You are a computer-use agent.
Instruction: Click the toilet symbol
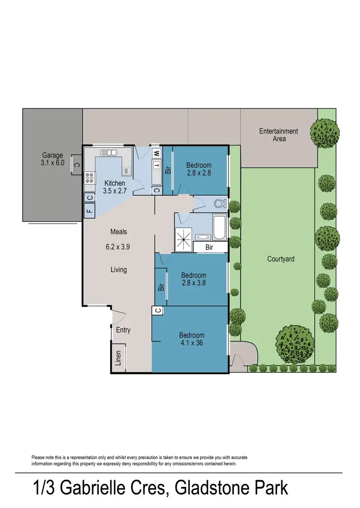pyautogui.click(x=220, y=204)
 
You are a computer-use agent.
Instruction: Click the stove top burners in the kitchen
pyautogui.click(x=89, y=178)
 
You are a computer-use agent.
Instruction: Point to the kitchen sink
pyautogui.click(x=108, y=153)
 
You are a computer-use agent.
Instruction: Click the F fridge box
pyautogui.click(x=89, y=210)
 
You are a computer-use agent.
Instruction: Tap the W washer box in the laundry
pyautogui.click(x=156, y=154)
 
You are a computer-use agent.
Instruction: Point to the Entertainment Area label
pyautogui.click(x=278, y=135)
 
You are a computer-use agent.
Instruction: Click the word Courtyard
pyautogui.click(x=281, y=259)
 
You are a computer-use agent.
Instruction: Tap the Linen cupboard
pyautogui.click(x=119, y=357)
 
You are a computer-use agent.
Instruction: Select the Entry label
pyautogui.click(x=123, y=330)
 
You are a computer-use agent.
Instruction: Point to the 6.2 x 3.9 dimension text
pyautogui.click(x=119, y=248)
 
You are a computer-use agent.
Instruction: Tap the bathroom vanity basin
pyautogui.click(x=203, y=237)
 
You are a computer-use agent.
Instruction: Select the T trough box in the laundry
pyautogui.click(x=156, y=166)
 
